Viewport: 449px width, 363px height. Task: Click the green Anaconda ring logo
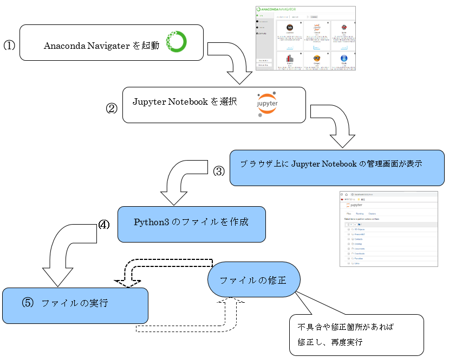point(176,42)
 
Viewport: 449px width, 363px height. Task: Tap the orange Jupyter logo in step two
point(266,103)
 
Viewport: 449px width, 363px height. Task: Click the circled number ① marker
point(9,46)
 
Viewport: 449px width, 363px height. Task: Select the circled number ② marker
point(111,108)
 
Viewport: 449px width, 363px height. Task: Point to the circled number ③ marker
point(219,171)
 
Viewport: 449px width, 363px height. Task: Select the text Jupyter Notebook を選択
point(185,101)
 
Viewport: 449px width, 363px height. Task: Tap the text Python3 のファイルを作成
point(191,222)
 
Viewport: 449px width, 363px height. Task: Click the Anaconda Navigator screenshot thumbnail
point(305,38)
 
